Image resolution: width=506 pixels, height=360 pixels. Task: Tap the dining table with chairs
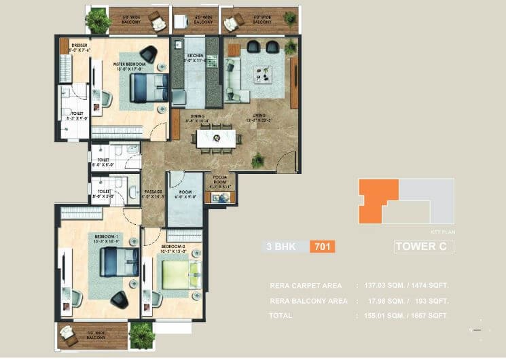[x=218, y=138]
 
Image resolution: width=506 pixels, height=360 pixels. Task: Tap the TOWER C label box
[x=423, y=247]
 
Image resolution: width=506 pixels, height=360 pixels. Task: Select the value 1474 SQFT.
[x=431, y=286]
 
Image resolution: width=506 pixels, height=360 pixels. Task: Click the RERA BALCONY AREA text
[x=306, y=301]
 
